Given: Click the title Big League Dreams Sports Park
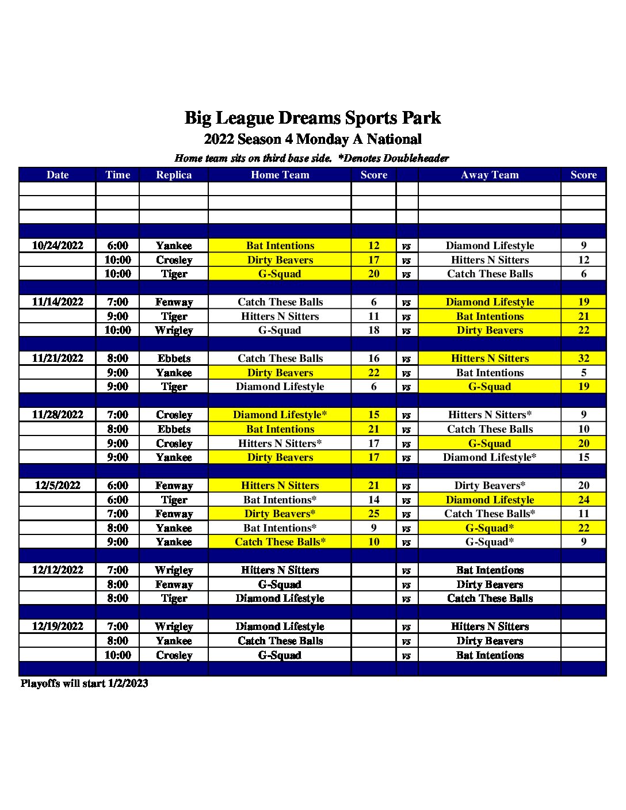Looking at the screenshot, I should [312, 118].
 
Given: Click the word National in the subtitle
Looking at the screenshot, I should [394, 139].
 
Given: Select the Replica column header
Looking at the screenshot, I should [174, 175].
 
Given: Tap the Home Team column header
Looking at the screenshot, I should [280, 175].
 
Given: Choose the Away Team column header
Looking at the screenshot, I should [490, 175].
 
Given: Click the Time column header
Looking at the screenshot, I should [117, 175].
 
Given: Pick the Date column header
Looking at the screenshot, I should [58, 175].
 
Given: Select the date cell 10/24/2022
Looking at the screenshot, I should [58, 246].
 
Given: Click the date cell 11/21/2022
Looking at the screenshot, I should [58, 358].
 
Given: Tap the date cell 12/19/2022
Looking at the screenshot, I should [58, 626].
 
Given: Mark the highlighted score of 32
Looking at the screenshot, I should [583, 358].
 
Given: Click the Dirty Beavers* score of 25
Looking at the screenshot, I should [373, 514].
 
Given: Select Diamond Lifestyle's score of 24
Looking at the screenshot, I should [583, 500].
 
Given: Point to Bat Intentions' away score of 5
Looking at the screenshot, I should [583, 373].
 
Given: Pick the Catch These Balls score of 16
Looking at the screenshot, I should [373, 358].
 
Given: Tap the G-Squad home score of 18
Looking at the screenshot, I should [373, 330].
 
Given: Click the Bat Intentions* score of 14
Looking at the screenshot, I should [373, 500].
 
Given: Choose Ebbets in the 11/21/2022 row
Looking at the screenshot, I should [174, 358].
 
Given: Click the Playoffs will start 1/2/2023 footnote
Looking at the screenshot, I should [85, 683].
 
